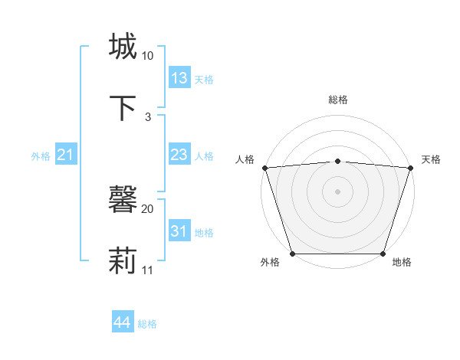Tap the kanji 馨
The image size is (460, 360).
(123, 200)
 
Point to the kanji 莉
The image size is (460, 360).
(123, 261)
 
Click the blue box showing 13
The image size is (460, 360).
(179, 78)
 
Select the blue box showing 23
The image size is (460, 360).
(179, 155)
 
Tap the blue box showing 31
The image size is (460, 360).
(179, 231)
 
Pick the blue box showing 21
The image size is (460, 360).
(66, 155)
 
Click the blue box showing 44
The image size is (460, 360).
(122, 322)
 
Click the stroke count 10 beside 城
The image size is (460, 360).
(148, 56)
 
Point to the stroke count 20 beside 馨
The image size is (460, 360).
(148, 208)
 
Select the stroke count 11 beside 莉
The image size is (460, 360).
(148, 270)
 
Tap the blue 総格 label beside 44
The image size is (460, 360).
(147, 324)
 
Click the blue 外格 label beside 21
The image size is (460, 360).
(41, 156)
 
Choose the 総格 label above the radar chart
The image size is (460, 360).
(337, 100)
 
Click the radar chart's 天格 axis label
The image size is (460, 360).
(432, 159)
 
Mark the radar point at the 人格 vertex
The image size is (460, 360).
(264, 168)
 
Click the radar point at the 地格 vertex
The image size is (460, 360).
(383, 254)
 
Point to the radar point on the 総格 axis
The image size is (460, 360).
(337, 161)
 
